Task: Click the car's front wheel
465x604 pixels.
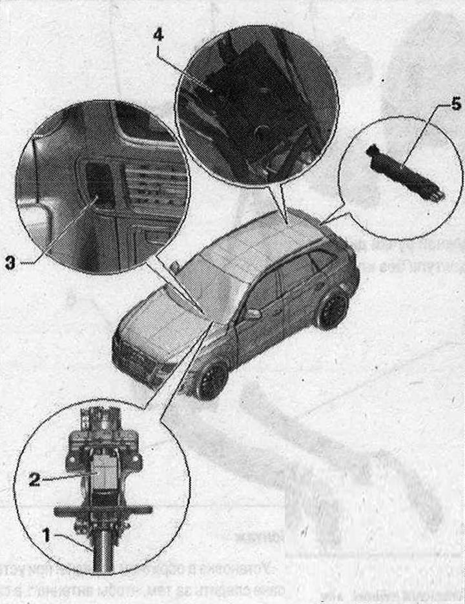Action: (212, 380)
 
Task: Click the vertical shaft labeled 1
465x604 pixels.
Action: (102, 549)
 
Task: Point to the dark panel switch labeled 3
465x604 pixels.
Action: (100, 183)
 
